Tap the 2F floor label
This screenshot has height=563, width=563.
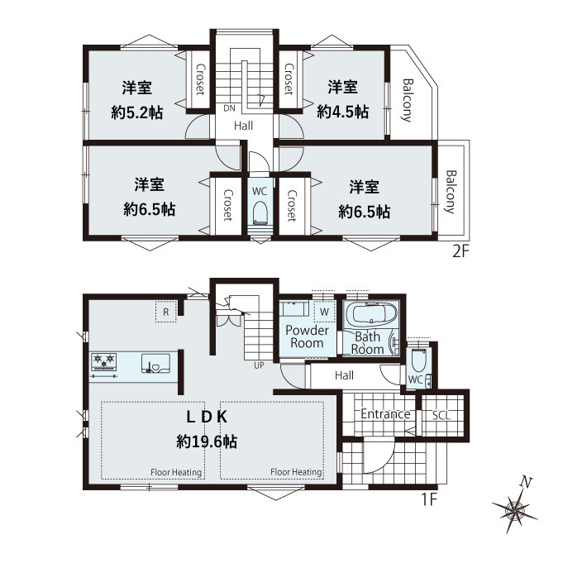point(460,251)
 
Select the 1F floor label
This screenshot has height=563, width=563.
point(429,499)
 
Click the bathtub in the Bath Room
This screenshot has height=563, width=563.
point(375,314)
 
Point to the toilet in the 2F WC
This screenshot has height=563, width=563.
point(260,212)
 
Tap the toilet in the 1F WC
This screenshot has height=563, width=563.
point(418,360)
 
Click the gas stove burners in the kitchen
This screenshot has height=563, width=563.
point(104,361)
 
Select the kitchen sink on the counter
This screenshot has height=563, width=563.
point(155,364)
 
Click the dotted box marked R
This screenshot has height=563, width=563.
point(166,312)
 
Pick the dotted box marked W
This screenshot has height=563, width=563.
point(324,312)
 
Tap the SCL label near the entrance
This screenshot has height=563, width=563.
point(441,415)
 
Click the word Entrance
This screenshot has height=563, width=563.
point(385,414)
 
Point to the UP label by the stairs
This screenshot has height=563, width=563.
point(259,365)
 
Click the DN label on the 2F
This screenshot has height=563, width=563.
point(229,108)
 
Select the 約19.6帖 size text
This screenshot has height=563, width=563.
point(207,441)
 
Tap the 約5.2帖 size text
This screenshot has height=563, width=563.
point(136,112)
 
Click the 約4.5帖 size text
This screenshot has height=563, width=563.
point(342,112)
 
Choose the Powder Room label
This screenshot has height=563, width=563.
point(307,336)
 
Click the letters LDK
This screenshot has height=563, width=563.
point(207,417)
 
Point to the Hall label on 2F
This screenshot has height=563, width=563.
point(243,126)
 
